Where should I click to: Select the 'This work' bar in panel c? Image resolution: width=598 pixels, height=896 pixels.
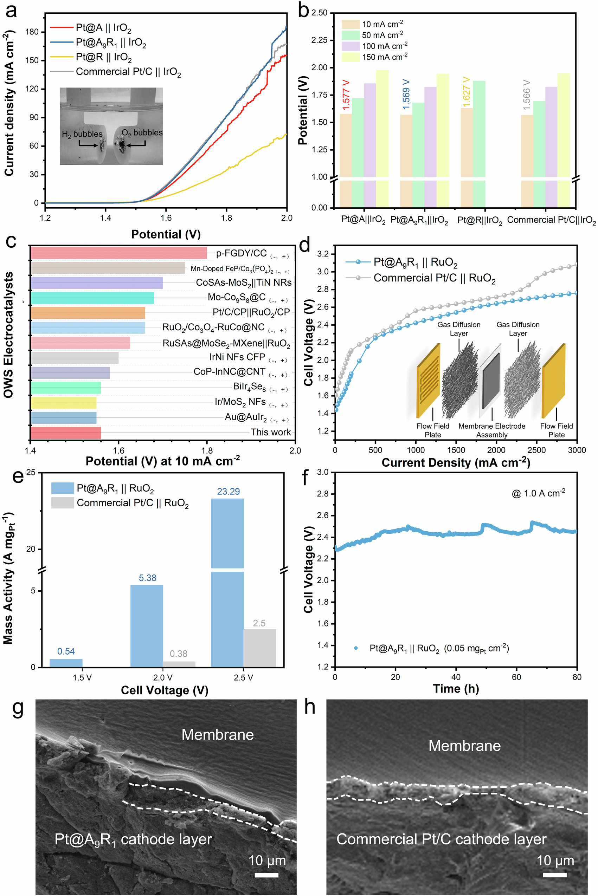point(66,433)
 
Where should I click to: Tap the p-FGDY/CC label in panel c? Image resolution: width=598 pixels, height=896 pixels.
point(241,253)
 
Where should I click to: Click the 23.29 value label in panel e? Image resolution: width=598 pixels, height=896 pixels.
point(228,491)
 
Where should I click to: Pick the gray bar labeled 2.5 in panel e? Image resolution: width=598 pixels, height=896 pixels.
point(259,648)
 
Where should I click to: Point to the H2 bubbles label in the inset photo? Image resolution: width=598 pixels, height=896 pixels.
point(82,134)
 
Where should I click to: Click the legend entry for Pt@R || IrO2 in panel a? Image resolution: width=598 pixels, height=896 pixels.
point(103,57)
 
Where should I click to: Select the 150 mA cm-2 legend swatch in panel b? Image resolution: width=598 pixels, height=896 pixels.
point(350,57)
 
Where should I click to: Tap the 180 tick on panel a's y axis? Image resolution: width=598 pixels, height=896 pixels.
point(32,32)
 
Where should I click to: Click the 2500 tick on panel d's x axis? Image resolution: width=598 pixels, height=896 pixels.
point(536,450)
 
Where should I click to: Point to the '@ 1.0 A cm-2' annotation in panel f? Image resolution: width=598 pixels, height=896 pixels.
point(538,493)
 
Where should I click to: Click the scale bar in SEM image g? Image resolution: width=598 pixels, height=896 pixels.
point(266,875)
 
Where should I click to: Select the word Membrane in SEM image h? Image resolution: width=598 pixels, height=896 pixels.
point(464,746)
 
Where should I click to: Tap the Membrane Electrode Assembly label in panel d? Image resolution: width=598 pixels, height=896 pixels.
point(491,430)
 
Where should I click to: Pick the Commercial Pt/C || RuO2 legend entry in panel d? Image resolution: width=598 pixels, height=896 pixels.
point(434,278)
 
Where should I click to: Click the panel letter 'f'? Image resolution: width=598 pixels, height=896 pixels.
point(305,478)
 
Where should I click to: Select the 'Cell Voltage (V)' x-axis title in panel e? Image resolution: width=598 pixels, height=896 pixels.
point(165,690)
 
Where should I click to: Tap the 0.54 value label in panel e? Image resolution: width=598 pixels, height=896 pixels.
point(66,651)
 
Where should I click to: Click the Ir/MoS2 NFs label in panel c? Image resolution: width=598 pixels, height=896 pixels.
point(240,402)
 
